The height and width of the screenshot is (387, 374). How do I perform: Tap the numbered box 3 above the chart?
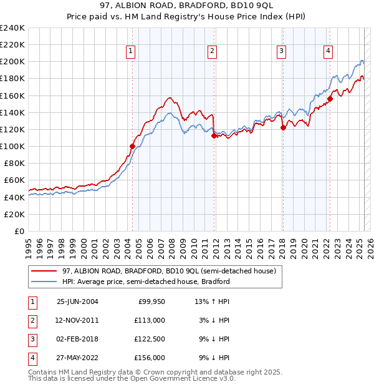click(x=282, y=52)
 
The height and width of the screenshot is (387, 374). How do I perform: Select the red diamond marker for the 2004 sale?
click(x=132, y=146)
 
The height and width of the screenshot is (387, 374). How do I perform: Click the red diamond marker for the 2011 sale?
click(x=214, y=135)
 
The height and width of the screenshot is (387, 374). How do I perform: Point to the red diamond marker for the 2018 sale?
click(x=282, y=127)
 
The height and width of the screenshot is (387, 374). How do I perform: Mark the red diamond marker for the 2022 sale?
click(x=330, y=99)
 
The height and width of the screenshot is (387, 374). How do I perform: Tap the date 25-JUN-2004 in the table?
click(x=77, y=301)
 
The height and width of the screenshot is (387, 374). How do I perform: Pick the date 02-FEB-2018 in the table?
click(x=77, y=339)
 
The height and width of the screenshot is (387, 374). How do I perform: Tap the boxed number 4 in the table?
click(x=32, y=358)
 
